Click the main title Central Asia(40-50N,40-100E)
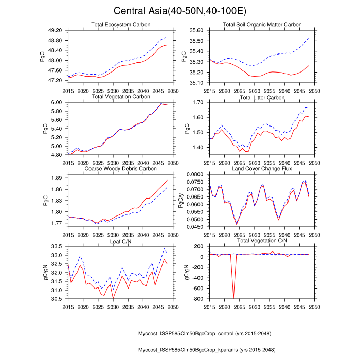point(180,11)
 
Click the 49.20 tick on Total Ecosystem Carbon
point(55,30)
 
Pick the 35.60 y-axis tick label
point(196,30)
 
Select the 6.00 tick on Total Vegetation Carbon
point(57,102)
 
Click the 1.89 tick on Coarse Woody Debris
point(57,178)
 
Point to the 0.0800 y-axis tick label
point(194,174)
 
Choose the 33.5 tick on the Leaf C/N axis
point(57,246)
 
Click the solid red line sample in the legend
point(107,350)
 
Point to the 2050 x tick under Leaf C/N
point(172,307)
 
